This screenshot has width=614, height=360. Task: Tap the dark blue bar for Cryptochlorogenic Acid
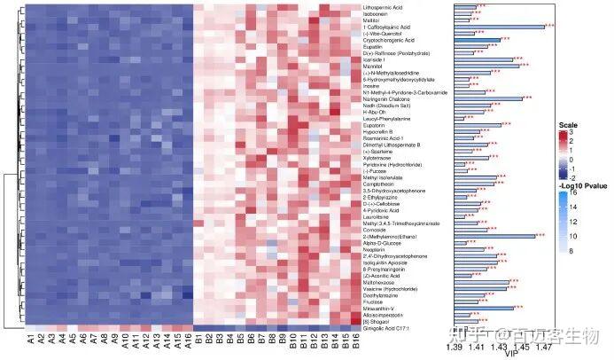coord(476,39)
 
